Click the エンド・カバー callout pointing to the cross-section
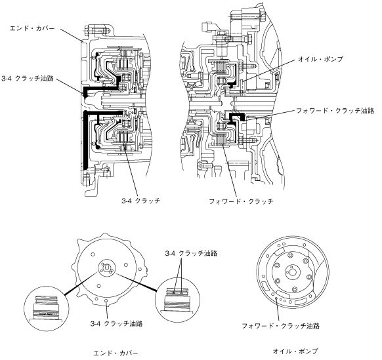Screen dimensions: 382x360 pos(32,28)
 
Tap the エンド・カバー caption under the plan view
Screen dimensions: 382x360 pos(116,353)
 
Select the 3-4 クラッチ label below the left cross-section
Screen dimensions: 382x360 pos(141,201)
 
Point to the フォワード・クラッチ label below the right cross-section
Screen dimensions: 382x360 pos(241,201)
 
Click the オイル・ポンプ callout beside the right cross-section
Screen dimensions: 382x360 pos(320,59)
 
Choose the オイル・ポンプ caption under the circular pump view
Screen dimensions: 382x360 pos(295,351)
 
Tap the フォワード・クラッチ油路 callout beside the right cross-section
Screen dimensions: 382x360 pos(335,111)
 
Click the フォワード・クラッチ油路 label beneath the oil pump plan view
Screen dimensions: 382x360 pos(280,326)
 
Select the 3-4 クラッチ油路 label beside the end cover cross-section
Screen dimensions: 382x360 pos(28,79)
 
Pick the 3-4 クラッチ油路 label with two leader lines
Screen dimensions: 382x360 pos(191,253)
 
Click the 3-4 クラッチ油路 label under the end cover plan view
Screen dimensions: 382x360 pos(116,324)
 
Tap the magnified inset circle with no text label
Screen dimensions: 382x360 pos(47,309)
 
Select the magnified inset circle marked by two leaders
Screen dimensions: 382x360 pos(177,300)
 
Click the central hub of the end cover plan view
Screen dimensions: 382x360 pos(107,268)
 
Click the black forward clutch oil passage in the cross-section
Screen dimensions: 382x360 pos(236,117)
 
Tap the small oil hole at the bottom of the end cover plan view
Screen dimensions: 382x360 pos(106,301)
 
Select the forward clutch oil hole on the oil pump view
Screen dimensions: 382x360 pos(276,298)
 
